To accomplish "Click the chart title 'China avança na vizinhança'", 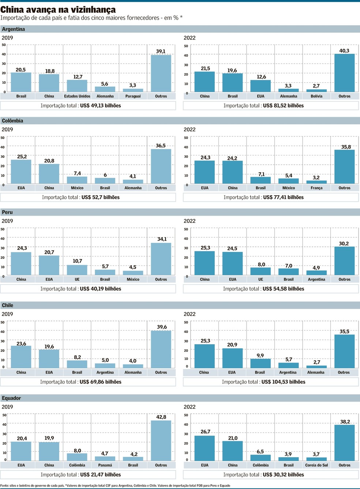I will click(58, 10).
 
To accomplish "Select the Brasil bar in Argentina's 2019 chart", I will click(21, 82).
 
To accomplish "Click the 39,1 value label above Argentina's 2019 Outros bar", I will click(161, 51).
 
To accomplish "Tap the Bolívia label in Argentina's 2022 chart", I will click(316, 96).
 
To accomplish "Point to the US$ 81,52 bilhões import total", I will click(283, 106).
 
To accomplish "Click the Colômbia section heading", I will click(12, 121).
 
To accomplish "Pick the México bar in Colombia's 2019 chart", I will click(77, 180).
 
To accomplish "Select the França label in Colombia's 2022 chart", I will click(316, 188).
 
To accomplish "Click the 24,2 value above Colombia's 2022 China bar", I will click(232, 158).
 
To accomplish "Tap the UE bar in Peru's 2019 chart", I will click(77, 270).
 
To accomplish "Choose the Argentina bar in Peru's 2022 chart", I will click(316, 273).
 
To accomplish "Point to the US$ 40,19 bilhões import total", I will click(100, 289).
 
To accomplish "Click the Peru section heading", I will click(7, 212).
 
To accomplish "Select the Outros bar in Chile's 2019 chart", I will click(161, 349).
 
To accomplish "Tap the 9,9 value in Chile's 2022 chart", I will click(260, 356).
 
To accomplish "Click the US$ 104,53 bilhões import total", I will click(284, 382).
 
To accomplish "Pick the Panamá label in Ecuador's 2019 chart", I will click(105, 465).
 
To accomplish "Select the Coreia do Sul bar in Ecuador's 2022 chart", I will click(316, 459).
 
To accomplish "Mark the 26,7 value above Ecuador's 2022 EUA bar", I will click(205, 432).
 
